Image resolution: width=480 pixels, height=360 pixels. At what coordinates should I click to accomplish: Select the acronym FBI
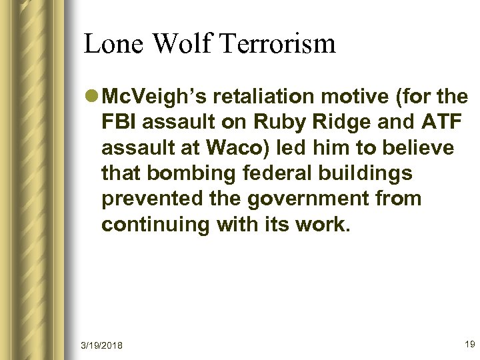119,125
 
